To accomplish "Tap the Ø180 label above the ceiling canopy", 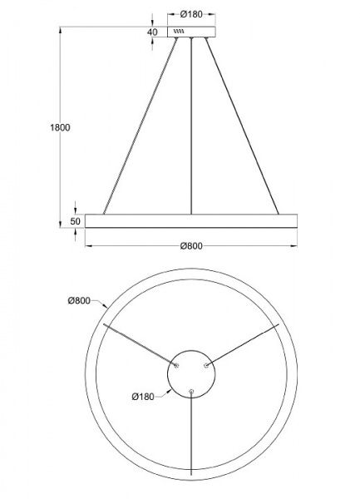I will coord(192,14).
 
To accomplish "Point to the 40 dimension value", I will coord(152,32).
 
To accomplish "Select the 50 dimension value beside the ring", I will coord(75,221).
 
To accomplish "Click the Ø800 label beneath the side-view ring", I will coord(192,245).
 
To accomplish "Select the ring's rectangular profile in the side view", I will coord(192,222).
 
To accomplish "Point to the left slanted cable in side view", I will coord(140,125).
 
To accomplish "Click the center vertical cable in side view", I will coord(192,125).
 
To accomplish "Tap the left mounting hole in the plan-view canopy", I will coord(176,363).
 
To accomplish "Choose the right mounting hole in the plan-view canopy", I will coord(207,363).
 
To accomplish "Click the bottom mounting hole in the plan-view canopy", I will coord(192,389).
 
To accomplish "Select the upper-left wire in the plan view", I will coord(140,344).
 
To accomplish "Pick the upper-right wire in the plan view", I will coord(243,344).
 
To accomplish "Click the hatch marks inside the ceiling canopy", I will coord(178,32).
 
